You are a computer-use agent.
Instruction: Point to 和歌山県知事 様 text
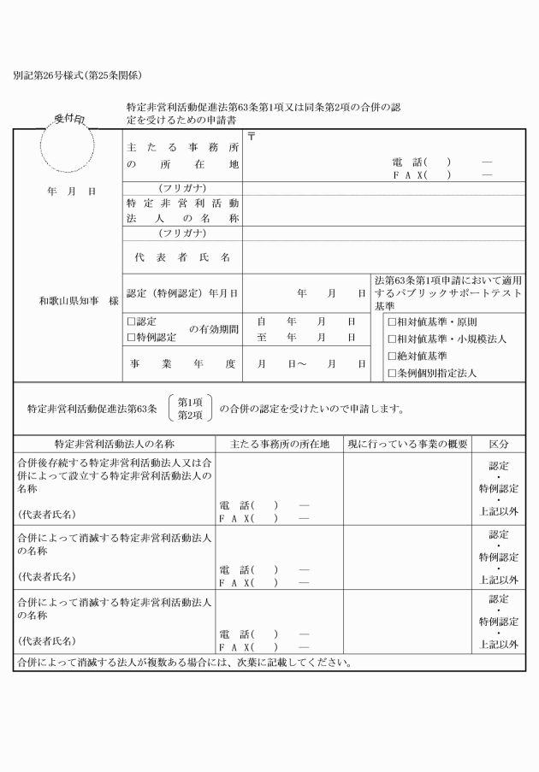(x=78, y=301)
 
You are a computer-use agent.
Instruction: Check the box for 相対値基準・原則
(x=392, y=322)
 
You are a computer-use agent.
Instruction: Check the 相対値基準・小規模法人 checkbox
(x=392, y=339)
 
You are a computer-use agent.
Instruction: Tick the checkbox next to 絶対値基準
(x=392, y=356)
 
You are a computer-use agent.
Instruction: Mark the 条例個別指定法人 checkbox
(x=392, y=373)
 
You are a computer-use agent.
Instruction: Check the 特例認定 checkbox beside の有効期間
(x=131, y=338)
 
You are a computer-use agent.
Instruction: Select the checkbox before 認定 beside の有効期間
(x=131, y=322)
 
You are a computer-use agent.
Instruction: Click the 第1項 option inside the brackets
(x=190, y=401)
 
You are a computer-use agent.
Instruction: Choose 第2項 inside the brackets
(x=190, y=415)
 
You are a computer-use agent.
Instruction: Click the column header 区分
(x=499, y=445)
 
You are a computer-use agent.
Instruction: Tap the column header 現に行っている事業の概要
(x=407, y=445)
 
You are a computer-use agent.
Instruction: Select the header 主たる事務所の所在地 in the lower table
(x=279, y=445)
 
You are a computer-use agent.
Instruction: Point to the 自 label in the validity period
(x=261, y=322)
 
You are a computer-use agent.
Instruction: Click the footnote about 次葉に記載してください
(x=184, y=662)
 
